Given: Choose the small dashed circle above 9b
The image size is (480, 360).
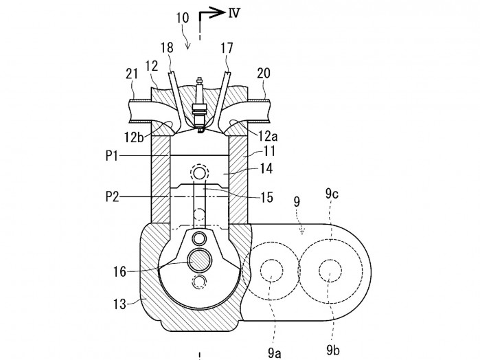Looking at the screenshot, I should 330,273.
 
